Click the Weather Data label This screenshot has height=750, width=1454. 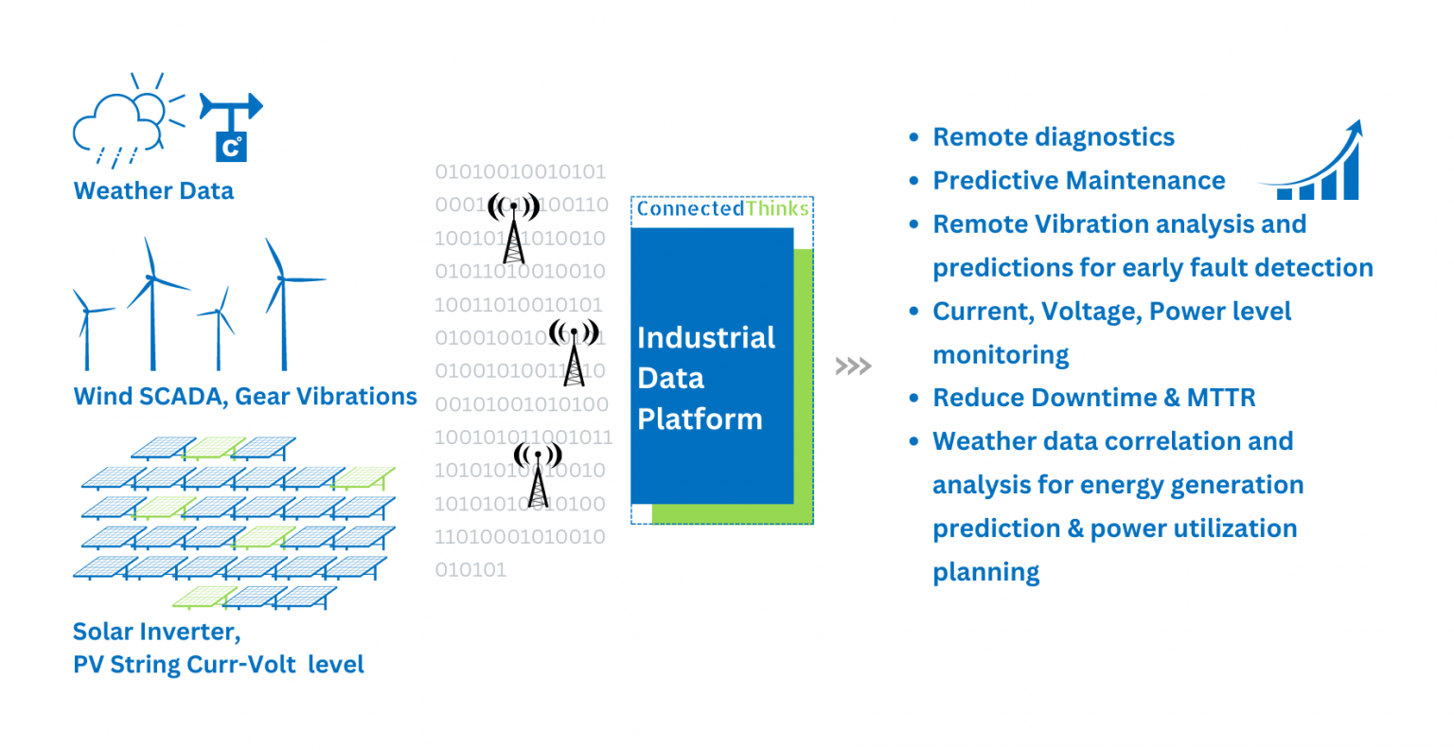(153, 190)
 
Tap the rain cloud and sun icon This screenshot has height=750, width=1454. (123, 124)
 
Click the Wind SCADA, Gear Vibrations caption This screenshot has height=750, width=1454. (245, 396)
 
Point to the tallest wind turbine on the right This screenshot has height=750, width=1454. (282, 303)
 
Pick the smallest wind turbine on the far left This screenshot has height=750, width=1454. (87, 331)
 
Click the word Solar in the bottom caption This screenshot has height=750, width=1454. (104, 631)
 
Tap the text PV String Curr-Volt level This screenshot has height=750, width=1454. (218, 664)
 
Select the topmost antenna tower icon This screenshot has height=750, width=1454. (513, 227)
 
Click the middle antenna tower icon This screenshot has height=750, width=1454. (574, 351)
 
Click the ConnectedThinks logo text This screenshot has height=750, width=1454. (722, 208)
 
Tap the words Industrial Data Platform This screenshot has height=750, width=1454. (705, 378)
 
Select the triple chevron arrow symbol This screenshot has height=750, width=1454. (853, 366)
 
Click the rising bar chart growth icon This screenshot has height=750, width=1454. (1316, 163)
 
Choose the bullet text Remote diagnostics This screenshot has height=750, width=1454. (1053, 137)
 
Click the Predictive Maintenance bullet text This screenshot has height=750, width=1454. (1078, 181)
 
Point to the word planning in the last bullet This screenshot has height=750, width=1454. (985, 572)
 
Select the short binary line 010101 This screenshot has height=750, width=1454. (470, 570)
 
